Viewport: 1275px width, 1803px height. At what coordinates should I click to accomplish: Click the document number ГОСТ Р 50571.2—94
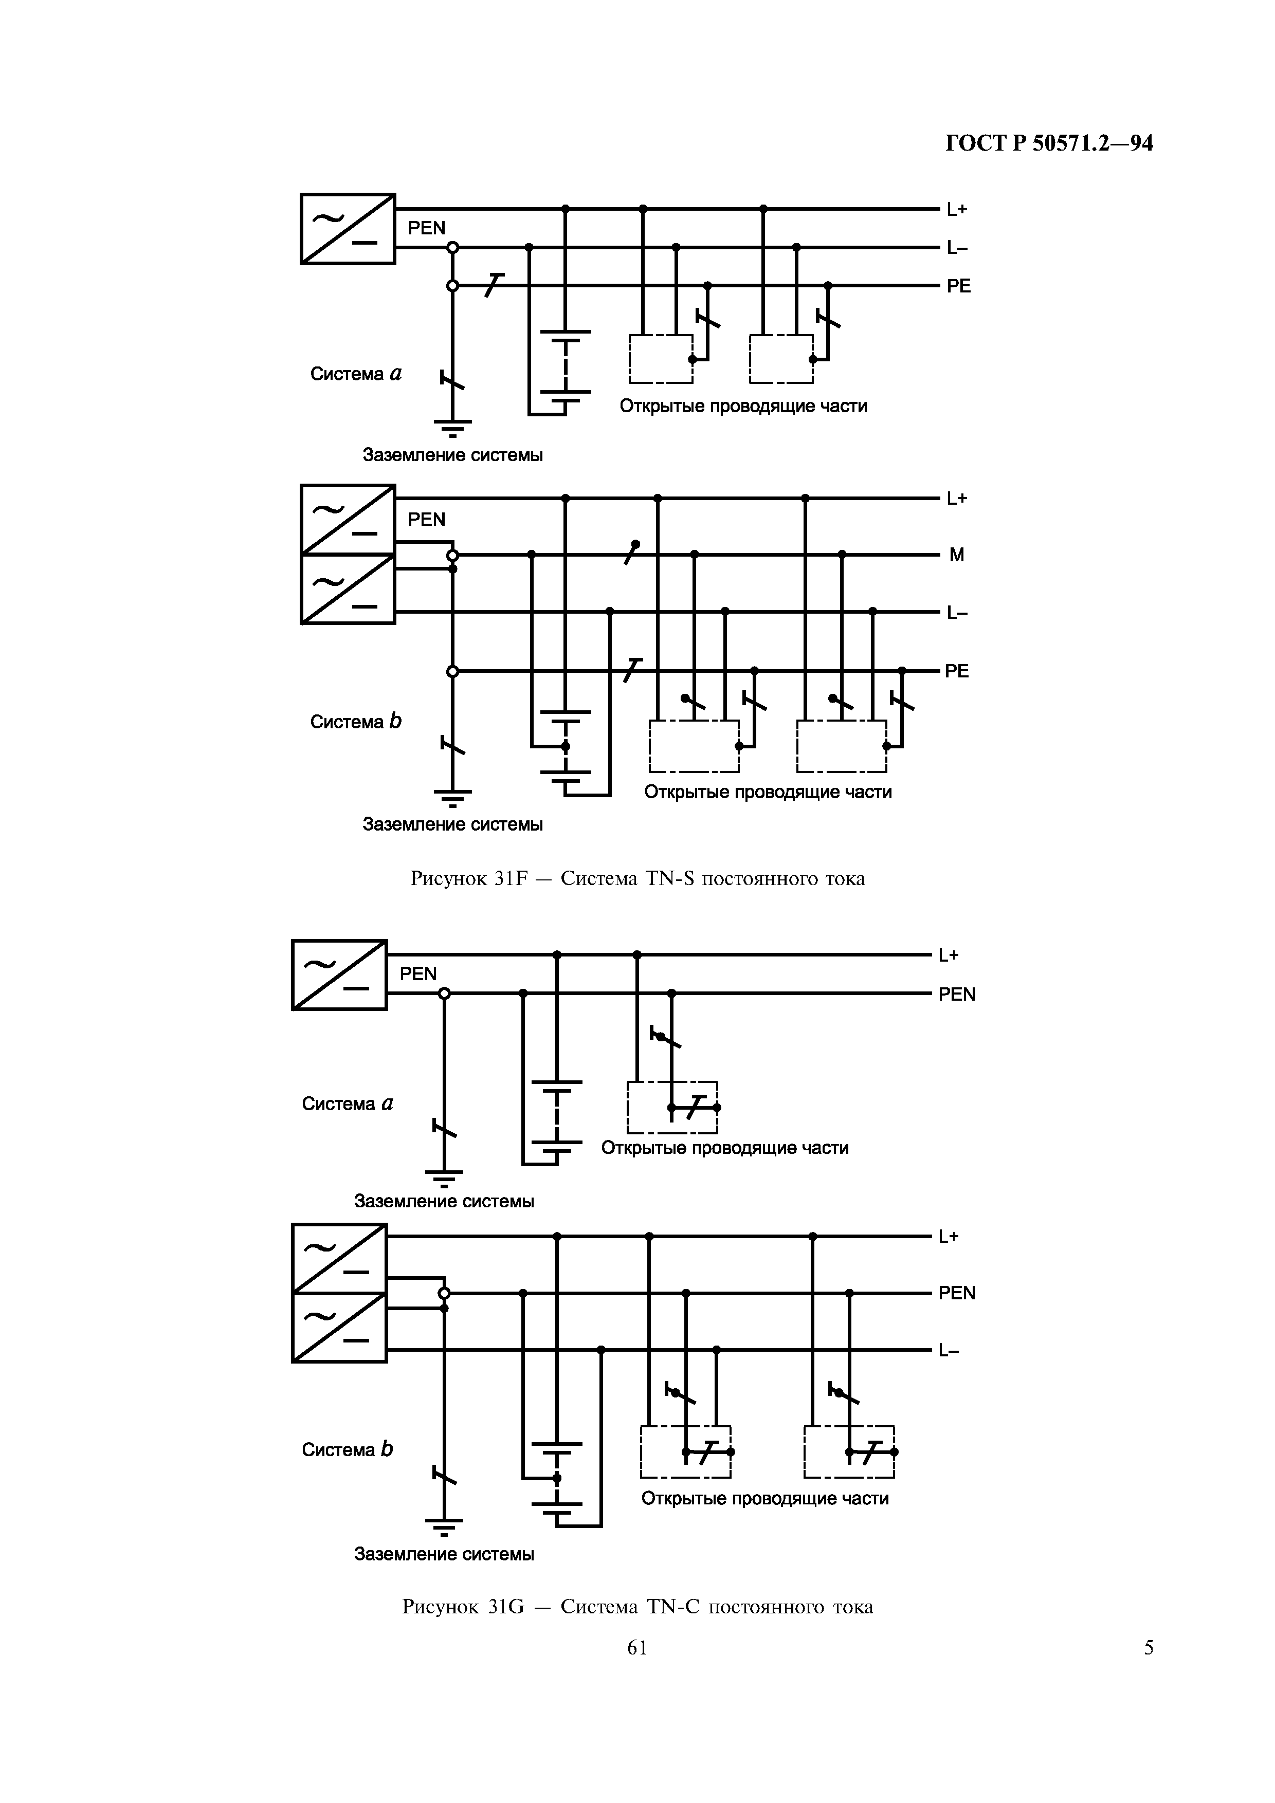pos(1049,143)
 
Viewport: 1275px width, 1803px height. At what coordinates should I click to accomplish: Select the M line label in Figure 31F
pos(956,555)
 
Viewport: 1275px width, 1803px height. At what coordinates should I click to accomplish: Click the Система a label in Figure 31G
pos(347,1103)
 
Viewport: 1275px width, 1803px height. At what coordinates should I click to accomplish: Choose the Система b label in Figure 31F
pos(355,722)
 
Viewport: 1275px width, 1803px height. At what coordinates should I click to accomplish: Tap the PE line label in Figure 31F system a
pos(958,286)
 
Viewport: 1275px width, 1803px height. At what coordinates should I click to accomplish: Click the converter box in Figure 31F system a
pos(348,229)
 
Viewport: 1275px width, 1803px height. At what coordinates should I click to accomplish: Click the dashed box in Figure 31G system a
pos(672,1107)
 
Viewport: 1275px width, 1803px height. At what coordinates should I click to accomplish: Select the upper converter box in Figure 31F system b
pos(348,519)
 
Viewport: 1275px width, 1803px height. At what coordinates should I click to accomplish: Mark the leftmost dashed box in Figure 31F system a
pos(661,359)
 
